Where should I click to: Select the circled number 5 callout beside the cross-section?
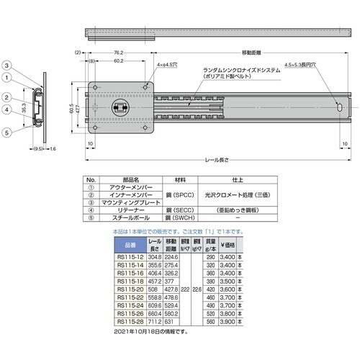[6, 132]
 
